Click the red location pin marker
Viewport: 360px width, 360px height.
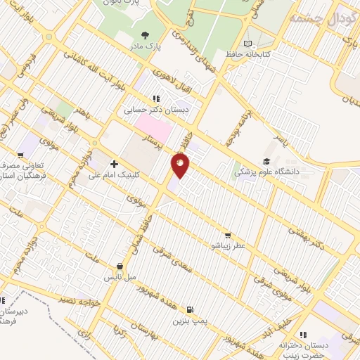(x=181, y=166)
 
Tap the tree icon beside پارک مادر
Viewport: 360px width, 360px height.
(x=146, y=34)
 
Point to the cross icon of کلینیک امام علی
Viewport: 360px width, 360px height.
(x=114, y=164)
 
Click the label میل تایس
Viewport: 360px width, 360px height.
(x=120, y=278)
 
